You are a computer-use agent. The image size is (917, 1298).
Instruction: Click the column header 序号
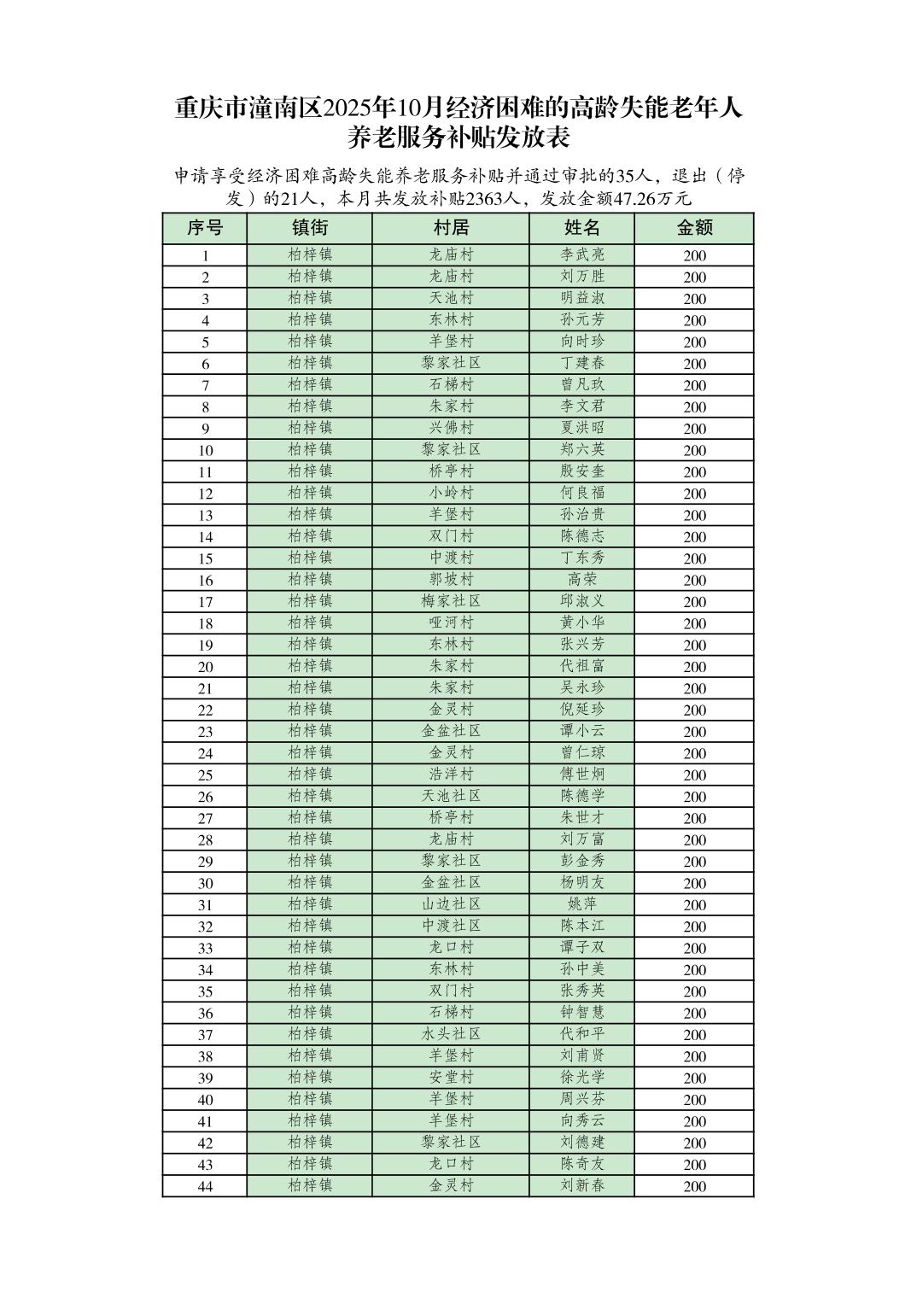(x=205, y=228)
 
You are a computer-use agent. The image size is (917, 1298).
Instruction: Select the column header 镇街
(x=309, y=228)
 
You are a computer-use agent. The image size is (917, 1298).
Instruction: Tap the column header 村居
(x=451, y=228)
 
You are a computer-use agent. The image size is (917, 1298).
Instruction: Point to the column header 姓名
(x=582, y=228)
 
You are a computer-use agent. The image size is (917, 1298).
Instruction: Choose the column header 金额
(x=694, y=228)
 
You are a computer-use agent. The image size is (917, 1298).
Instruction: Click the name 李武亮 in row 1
(x=582, y=254)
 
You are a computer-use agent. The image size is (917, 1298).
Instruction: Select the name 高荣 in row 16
(x=582, y=580)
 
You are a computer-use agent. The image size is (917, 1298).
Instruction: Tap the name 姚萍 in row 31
(x=582, y=904)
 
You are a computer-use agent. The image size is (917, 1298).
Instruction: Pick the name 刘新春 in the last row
(x=582, y=1185)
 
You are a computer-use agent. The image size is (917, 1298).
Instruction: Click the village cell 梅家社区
(x=451, y=601)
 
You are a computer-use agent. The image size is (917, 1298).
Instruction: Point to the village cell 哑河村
(x=451, y=623)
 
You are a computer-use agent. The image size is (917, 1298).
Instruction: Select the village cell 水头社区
(x=451, y=1034)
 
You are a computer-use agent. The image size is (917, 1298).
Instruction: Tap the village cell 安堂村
(x=451, y=1078)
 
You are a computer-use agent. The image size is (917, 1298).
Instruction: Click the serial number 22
(x=205, y=710)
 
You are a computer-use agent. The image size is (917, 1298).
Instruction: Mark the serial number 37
(x=205, y=1035)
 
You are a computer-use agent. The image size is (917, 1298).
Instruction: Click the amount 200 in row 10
(x=694, y=450)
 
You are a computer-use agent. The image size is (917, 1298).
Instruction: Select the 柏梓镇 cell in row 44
(x=309, y=1185)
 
